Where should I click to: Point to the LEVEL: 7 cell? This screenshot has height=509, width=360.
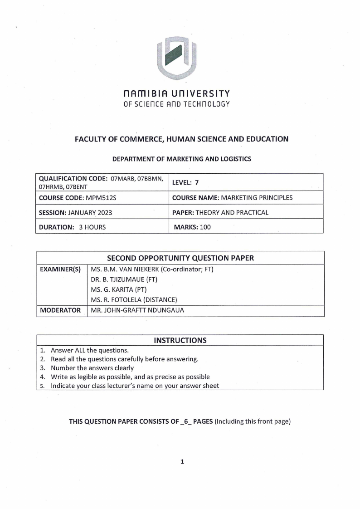coord(185,182)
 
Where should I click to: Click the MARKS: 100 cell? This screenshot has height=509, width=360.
coord(193,227)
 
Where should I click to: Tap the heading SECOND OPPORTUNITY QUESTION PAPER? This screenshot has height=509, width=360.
coord(180,258)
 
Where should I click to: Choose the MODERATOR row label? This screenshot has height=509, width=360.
coord(60,311)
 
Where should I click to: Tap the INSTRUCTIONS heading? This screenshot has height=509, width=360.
coord(180,340)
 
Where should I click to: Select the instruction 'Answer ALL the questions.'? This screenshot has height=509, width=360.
coord(90,350)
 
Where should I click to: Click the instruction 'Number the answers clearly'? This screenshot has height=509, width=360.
coord(92,368)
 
